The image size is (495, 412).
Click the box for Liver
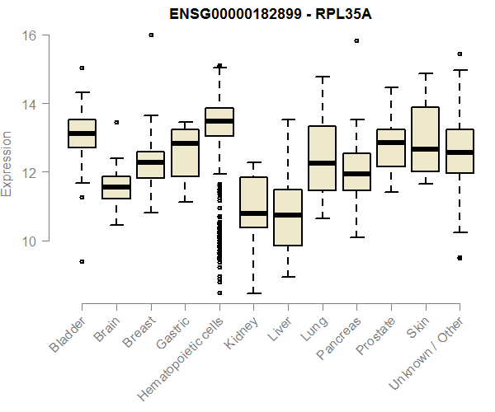pos(288,218)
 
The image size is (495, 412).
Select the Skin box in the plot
pos(425,139)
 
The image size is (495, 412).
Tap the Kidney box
pos(253,202)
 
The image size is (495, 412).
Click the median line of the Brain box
pos(116,187)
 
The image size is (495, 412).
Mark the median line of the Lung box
pos(322,163)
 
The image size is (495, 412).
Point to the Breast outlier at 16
pos(151,35)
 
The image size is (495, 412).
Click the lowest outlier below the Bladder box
pos(82,261)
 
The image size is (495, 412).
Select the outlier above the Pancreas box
pos(356,40)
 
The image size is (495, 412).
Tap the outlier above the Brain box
pos(116,122)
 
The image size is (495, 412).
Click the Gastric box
pos(185,153)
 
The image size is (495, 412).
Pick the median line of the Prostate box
pos(391,143)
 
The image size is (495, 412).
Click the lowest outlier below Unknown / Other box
pos(460,257)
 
